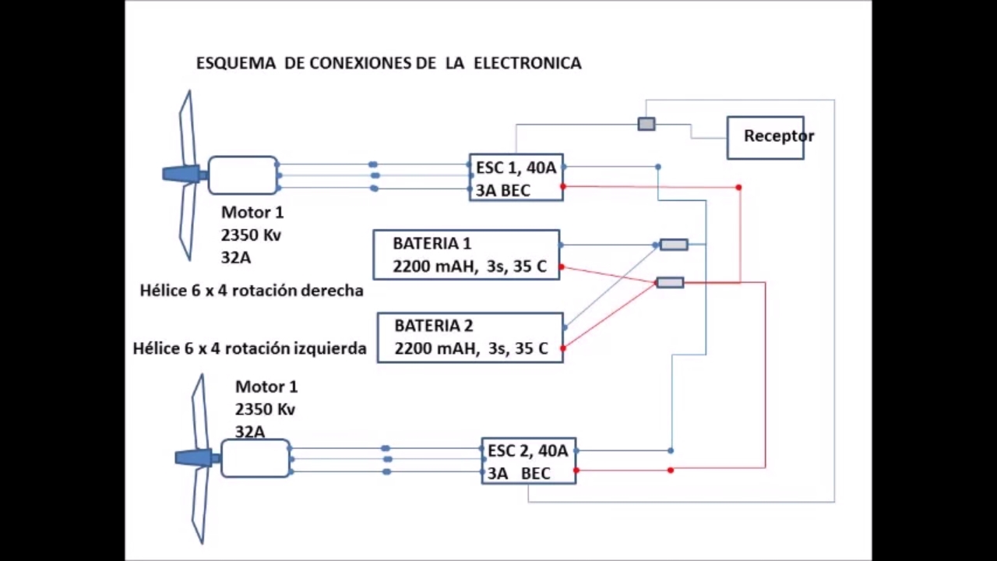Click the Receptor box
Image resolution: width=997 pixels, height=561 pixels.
[765, 137]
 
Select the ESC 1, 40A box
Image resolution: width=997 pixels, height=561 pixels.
[516, 178]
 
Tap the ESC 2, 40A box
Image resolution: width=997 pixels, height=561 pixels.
[528, 460]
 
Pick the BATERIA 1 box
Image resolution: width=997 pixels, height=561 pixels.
[466, 255]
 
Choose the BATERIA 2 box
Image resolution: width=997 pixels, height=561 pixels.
[470, 337]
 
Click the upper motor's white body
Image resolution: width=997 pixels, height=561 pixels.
[242, 175]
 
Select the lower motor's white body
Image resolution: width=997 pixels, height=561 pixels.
[255, 458]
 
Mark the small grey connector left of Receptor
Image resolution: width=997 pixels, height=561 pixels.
[646, 124]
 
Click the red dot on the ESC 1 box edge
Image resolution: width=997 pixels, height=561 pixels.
[563, 186]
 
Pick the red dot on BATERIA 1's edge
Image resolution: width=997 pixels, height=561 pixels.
[561, 267]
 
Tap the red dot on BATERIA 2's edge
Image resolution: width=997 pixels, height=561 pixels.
[562, 348]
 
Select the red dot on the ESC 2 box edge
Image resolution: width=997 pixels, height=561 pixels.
[576, 470]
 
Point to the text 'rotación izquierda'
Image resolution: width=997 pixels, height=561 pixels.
[312, 348]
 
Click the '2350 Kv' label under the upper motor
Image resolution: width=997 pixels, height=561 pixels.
[251, 235]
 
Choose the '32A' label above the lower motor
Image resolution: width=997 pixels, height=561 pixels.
[250, 432]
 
